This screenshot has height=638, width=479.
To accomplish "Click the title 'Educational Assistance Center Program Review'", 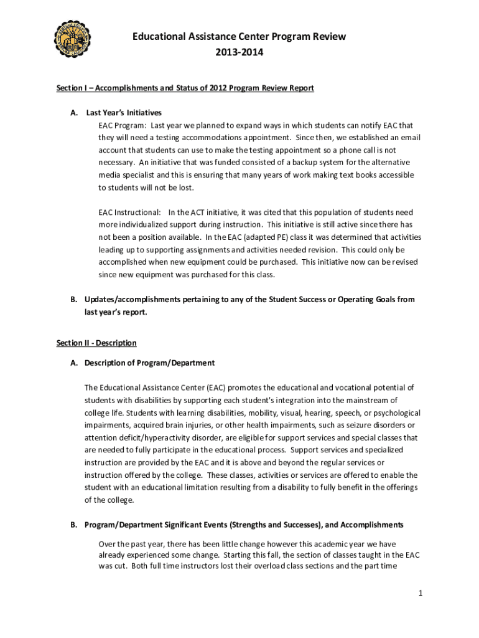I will [x=239, y=37].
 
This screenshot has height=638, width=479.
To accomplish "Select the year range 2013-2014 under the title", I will [x=239, y=52].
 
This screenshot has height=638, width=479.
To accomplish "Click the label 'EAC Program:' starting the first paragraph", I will [x=122, y=125].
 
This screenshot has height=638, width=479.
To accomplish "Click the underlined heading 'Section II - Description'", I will [x=96, y=343].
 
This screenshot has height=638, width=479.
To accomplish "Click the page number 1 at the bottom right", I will [x=421, y=594].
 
